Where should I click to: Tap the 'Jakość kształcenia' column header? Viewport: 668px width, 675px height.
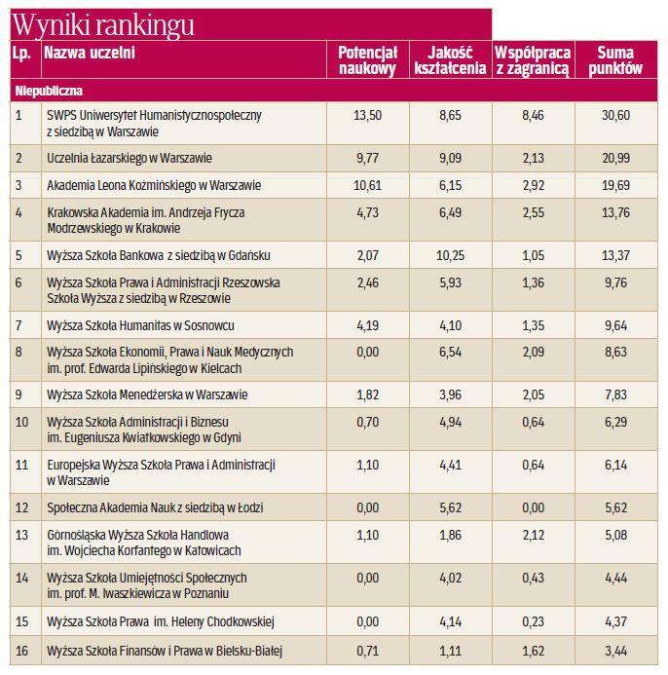point(449,60)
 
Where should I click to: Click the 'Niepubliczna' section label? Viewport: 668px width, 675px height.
point(48,91)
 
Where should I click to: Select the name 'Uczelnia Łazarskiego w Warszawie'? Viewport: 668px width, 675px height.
point(130,157)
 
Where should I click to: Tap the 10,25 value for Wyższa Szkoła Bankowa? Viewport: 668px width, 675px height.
point(449,254)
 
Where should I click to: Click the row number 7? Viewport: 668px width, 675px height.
point(19,324)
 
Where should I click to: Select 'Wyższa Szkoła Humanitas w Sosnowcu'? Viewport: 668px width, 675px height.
point(140,324)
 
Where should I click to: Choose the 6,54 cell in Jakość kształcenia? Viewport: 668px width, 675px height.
point(449,352)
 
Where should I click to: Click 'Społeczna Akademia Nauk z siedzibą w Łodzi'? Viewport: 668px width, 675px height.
point(155,507)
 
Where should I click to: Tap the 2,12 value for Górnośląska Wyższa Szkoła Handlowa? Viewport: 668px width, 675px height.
point(532,535)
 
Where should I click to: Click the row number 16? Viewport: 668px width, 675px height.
point(20,649)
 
